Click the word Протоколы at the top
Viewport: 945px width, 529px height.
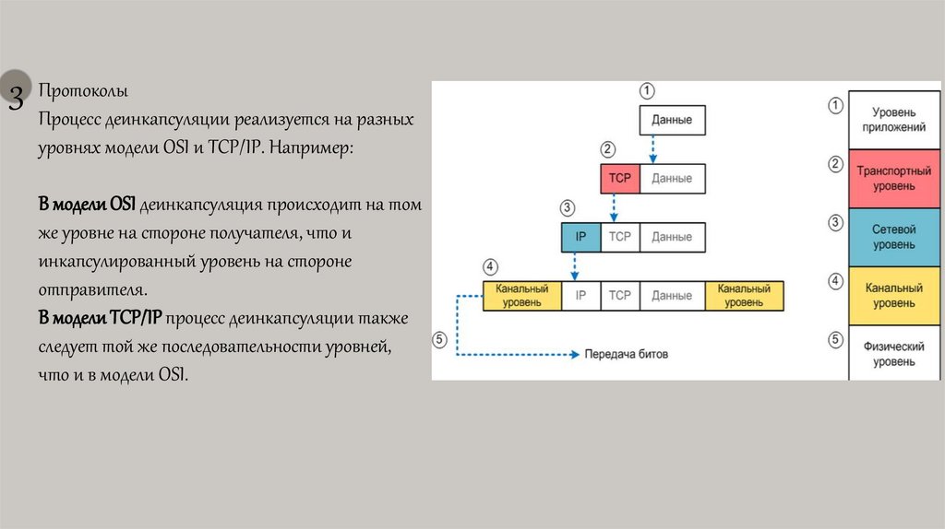pyautogui.click(x=83, y=91)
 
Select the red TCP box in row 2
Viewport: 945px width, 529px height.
pyautogui.click(x=619, y=178)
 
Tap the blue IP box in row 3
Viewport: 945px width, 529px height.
pyautogui.click(x=580, y=237)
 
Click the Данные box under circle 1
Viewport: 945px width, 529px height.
pyautogui.click(x=672, y=120)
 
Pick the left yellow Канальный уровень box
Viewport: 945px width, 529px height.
pyautogui.click(x=521, y=296)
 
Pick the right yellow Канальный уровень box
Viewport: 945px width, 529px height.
pyautogui.click(x=744, y=296)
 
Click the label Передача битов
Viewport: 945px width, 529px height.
pyautogui.click(x=627, y=354)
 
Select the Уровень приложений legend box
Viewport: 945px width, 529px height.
pyautogui.click(x=893, y=120)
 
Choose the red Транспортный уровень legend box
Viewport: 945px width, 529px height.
pyautogui.click(x=893, y=179)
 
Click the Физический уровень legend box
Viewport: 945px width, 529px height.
pyautogui.click(x=893, y=354)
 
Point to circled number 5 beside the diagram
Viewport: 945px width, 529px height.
pyautogui.click(x=440, y=339)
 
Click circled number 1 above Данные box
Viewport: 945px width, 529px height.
pyautogui.click(x=648, y=91)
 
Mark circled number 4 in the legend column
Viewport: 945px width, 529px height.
pyautogui.click(x=836, y=281)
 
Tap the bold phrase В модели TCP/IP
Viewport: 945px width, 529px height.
pyautogui.click(x=100, y=318)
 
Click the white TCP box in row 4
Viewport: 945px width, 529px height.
pyautogui.click(x=619, y=296)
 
